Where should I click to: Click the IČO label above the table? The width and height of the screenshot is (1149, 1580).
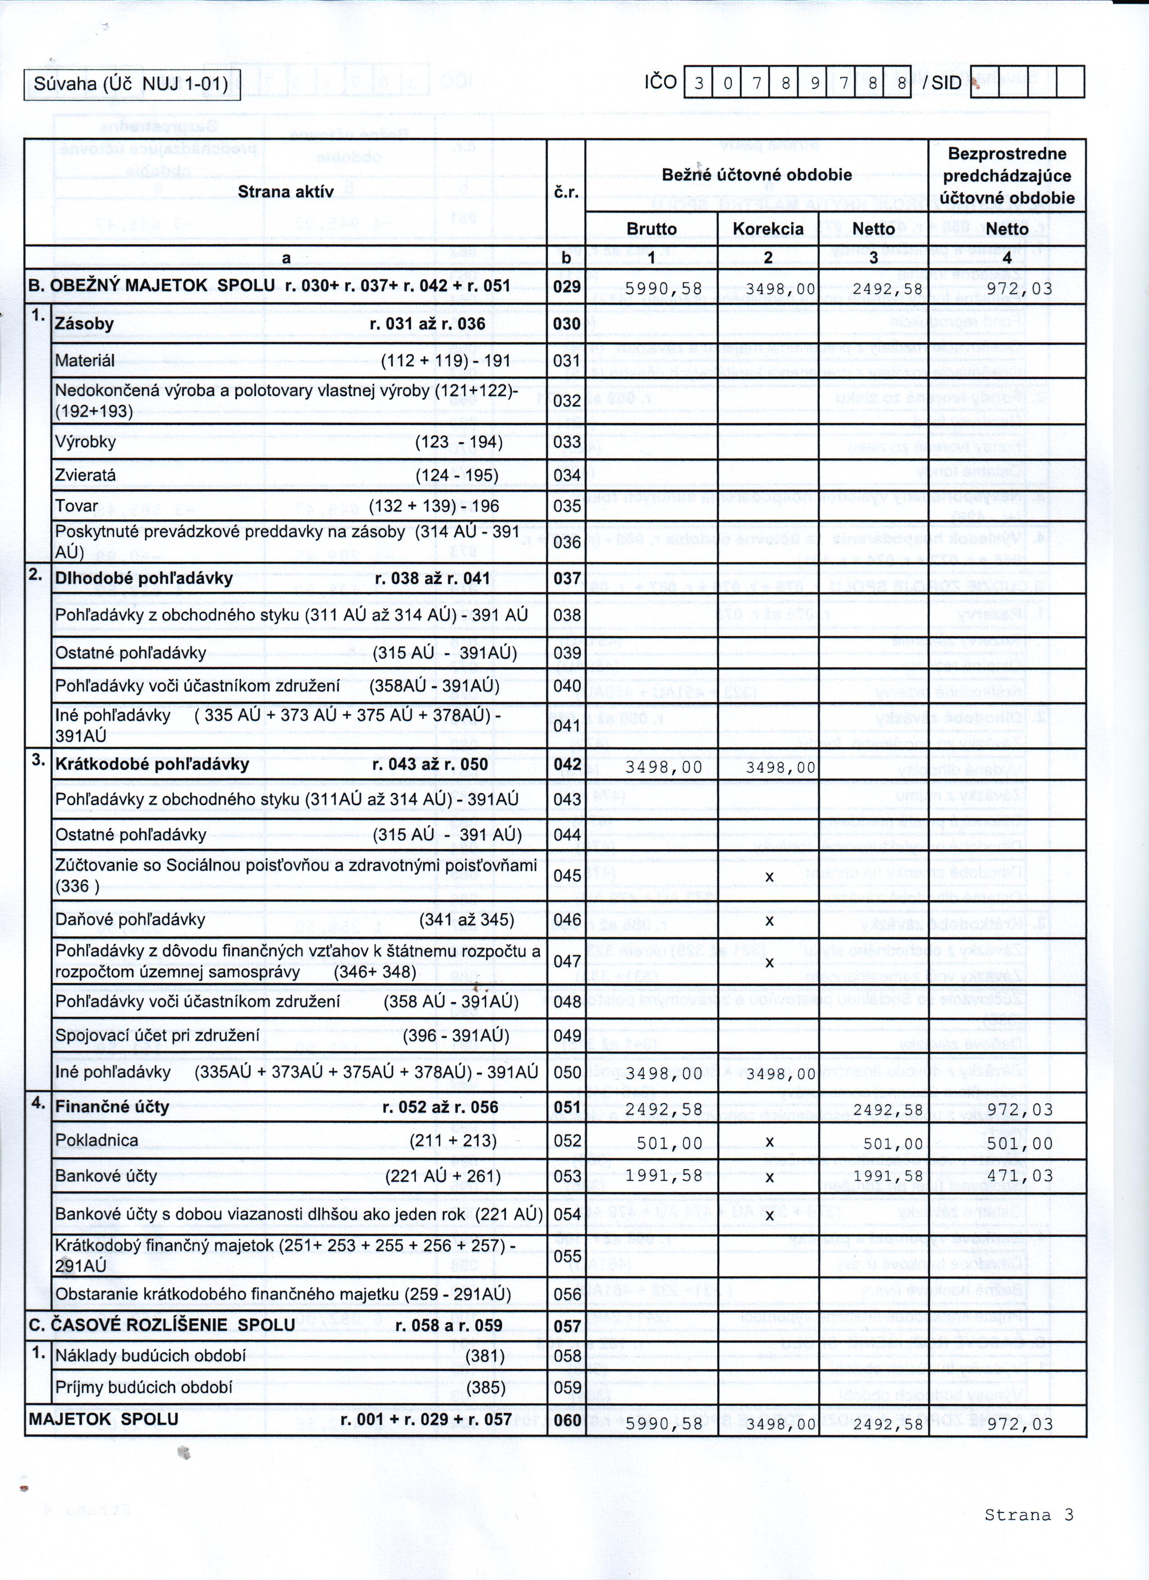(660, 82)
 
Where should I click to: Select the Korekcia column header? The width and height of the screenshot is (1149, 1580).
(768, 229)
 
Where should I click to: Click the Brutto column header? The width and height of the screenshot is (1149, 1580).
(652, 229)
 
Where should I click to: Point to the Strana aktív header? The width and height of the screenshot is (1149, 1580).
(286, 191)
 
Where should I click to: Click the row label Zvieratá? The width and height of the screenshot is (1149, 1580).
(86, 475)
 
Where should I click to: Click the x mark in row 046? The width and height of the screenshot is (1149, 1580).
(769, 920)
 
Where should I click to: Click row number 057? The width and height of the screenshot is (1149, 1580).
(566, 1326)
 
